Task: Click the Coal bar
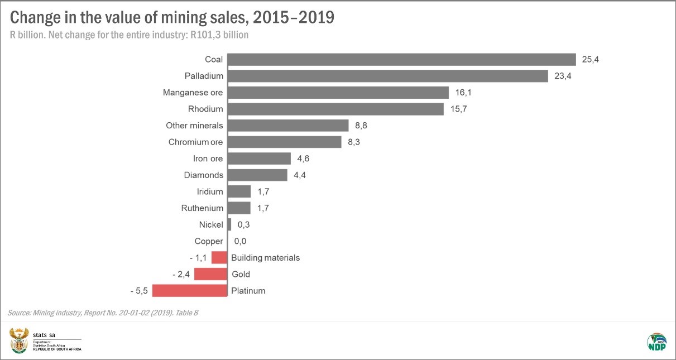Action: point(401,59)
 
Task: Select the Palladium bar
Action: point(387,76)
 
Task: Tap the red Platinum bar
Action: point(190,291)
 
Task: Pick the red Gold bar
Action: point(210,274)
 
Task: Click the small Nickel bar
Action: point(229,224)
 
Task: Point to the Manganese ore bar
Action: point(338,92)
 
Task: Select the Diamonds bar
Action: point(257,175)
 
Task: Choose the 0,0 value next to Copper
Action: point(240,241)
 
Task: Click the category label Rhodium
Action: point(205,109)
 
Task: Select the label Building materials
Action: point(265,258)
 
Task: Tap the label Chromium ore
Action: point(195,142)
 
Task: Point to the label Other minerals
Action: point(194,126)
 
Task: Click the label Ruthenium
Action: point(202,208)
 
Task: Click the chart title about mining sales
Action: point(172,18)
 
